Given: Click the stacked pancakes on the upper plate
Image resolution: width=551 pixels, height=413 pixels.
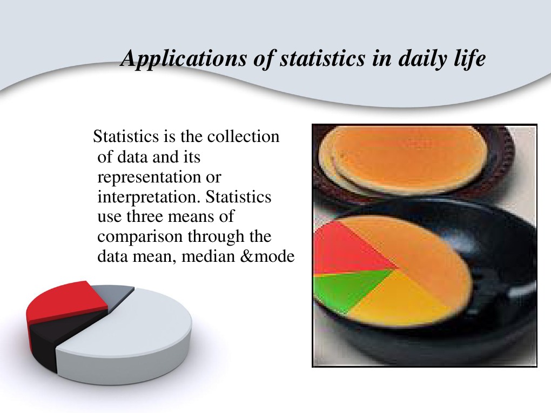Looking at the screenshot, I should click(x=405, y=157).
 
